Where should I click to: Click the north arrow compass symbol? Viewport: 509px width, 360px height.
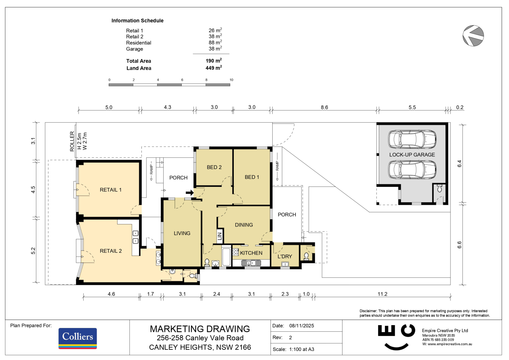pos(473,36)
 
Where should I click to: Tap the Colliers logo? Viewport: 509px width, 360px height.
pos(78,338)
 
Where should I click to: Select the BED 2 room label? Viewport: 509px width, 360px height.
pos(214,167)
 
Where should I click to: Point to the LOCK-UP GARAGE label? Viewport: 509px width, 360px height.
pos(412,155)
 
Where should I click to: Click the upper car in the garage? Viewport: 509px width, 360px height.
pos(412,139)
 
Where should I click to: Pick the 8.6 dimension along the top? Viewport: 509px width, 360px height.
pos(324,107)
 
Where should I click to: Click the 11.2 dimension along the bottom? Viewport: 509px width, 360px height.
pos(382,294)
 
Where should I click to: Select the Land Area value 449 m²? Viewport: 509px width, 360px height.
pos(214,68)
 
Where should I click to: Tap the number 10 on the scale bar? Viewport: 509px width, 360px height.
pos(231,80)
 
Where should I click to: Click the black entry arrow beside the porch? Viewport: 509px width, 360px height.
pos(190,193)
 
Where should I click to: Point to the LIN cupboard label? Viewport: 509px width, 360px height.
pos(220,236)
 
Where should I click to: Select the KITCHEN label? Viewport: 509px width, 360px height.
pos(251,253)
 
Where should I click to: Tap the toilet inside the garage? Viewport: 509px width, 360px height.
pos(440,188)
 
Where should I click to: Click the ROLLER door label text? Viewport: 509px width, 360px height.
pos(72,141)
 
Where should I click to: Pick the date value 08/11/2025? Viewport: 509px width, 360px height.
pos(301,326)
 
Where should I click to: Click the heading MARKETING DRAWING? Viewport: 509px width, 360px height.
pos(200,329)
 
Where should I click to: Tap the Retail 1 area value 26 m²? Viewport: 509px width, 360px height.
pos(215,30)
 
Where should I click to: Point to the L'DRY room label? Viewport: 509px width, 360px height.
pos(285,256)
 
